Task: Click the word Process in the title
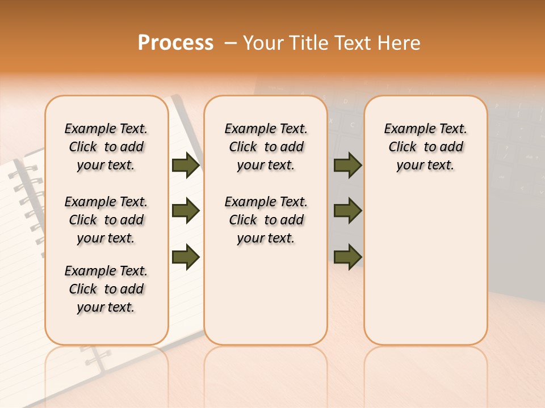[175, 43]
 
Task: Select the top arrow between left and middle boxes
[186, 165]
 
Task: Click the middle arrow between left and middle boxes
[186, 211]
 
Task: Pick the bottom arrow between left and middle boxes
[186, 257]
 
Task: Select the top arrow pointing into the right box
[347, 165]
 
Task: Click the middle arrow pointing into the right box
[347, 211]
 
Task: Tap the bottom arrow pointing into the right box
[347, 257]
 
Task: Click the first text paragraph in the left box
[106, 147]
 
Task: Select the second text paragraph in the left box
[106, 220]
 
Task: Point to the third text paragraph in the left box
[106, 289]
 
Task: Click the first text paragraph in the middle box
[266, 147]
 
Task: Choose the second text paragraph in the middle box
[266, 220]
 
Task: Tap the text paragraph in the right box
[426, 147]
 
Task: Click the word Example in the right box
[405, 129]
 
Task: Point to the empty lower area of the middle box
[266, 295]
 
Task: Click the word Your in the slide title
[262, 43]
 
